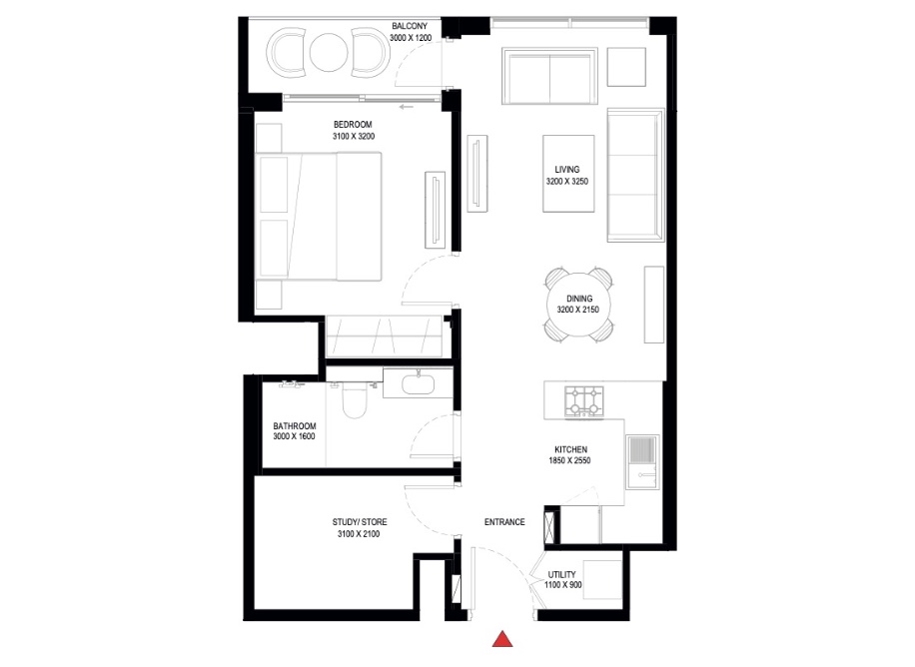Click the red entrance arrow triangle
click(505, 640)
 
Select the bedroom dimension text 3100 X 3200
click(354, 137)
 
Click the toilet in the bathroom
click(353, 401)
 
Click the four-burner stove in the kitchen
click(583, 401)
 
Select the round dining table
click(580, 305)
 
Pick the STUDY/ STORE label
click(360, 522)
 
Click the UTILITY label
click(562, 575)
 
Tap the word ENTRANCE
click(504, 522)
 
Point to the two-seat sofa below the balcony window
click(550, 76)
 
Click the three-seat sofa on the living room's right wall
click(634, 176)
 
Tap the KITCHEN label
click(570, 450)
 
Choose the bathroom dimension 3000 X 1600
click(295, 436)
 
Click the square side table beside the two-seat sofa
click(629, 67)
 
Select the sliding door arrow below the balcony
click(405, 106)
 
